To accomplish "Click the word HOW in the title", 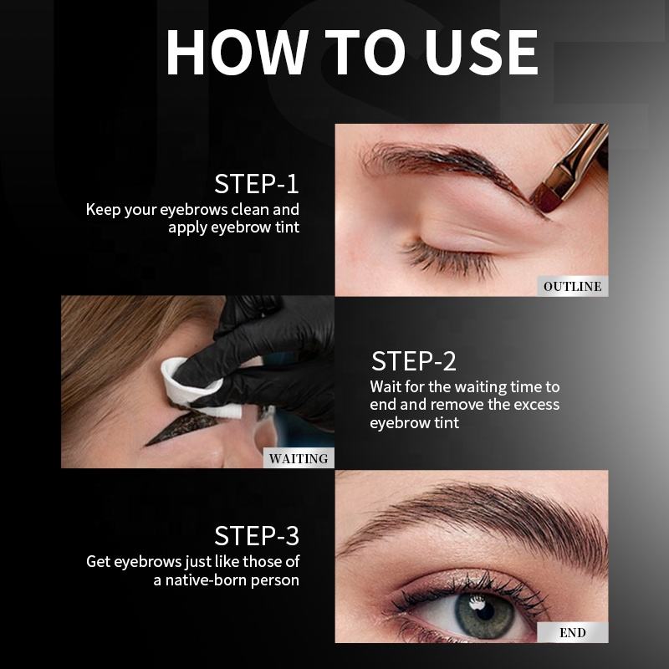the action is [x=237, y=53].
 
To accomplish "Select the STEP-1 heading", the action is [x=257, y=184].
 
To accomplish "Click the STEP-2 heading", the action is [x=413, y=361].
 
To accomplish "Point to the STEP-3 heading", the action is [x=257, y=535].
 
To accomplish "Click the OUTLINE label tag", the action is [x=573, y=286].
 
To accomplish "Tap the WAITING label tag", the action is [x=299, y=458].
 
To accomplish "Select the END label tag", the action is [x=573, y=632].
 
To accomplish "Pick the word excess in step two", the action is [x=537, y=405].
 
